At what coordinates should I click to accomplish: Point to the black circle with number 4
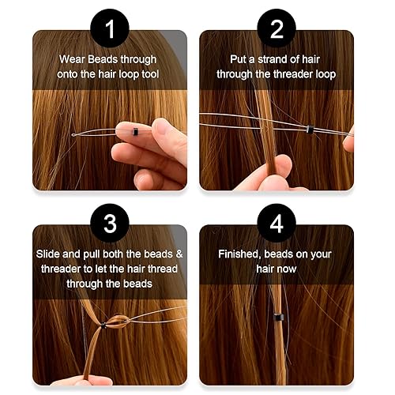pyautogui.click(x=277, y=223)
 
